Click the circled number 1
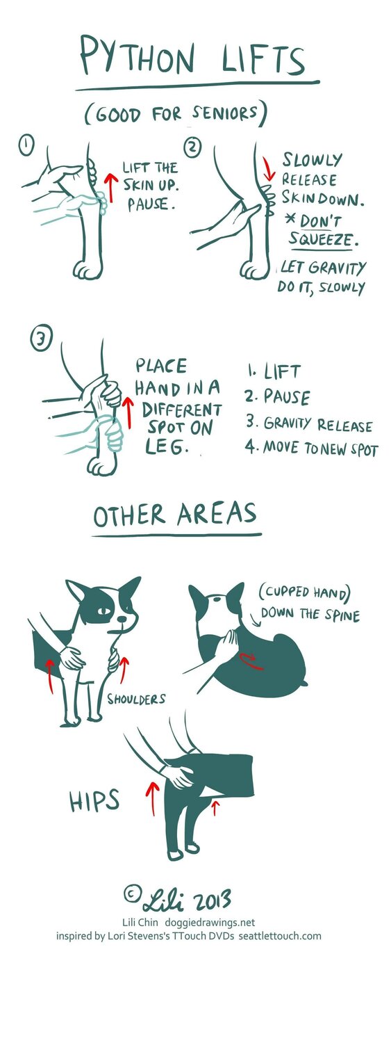coord(27,145)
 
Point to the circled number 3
coord(42,339)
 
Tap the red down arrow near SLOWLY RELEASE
coord(268,169)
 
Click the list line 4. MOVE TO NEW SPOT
coord(312,448)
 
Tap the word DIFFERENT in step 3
coord(182,410)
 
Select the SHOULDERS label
coord(136,700)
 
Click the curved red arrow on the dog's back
coord(251,661)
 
